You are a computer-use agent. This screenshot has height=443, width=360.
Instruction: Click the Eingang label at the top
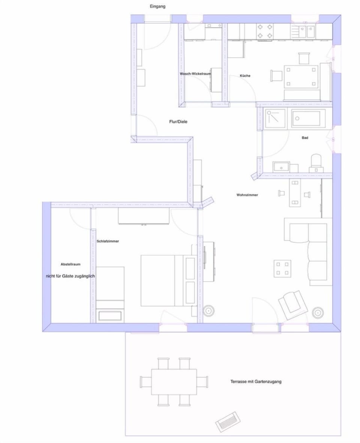click(x=157, y=6)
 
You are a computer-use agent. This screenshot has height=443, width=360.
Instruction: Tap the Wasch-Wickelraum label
click(x=195, y=74)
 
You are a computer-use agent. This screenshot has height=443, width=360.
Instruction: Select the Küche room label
click(x=245, y=76)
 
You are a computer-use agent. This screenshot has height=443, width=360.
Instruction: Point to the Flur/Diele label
click(x=178, y=122)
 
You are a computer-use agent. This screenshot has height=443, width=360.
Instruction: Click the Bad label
click(x=305, y=138)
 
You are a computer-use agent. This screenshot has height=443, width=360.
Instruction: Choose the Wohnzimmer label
click(x=247, y=195)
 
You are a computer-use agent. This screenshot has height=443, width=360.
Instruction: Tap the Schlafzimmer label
click(x=108, y=241)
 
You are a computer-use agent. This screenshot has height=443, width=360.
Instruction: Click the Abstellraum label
click(x=70, y=264)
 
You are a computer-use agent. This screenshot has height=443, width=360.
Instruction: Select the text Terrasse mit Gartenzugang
click(x=256, y=381)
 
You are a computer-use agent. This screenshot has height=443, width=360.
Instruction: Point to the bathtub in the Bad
click(x=306, y=118)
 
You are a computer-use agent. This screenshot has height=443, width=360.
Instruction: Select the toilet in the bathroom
click(x=316, y=163)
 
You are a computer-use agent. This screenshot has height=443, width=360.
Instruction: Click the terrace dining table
click(x=174, y=382)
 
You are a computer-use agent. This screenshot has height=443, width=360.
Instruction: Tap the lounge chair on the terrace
click(x=228, y=422)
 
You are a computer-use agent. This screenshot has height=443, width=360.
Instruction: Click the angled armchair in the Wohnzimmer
click(x=293, y=305)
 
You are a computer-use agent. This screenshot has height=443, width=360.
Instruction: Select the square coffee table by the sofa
click(x=282, y=268)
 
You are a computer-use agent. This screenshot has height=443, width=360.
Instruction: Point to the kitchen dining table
click(x=301, y=77)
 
